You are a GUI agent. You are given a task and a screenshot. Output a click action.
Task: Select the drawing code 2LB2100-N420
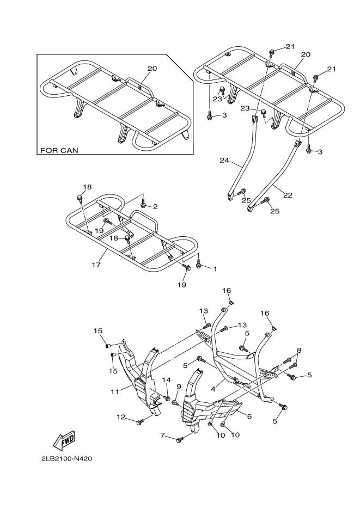tap(66, 458)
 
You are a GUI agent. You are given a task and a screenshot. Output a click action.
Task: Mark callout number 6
tap(249, 416)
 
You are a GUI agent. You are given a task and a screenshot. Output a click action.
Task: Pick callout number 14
tap(167, 379)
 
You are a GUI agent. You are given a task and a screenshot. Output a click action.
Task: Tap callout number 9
tap(178, 387)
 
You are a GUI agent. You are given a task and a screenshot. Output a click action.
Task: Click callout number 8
tap(299, 350)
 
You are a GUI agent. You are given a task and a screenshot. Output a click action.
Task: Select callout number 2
tap(155, 206)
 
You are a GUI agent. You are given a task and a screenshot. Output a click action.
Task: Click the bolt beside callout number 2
tap(143, 205)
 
